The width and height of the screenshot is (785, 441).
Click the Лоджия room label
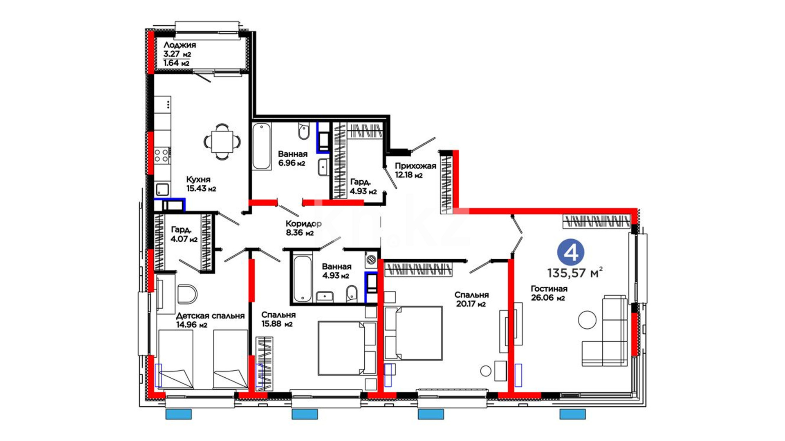179,45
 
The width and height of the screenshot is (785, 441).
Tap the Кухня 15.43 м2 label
201,184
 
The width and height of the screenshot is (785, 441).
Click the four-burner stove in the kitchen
161,156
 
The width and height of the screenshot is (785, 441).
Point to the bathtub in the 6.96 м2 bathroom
262,146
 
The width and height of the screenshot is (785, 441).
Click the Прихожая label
415,166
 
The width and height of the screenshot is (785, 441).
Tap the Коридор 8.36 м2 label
303,228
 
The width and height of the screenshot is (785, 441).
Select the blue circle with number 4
571,253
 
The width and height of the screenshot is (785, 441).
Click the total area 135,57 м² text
575,272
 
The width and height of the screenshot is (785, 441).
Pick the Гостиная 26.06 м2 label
549,293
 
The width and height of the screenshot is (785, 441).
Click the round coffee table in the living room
587,320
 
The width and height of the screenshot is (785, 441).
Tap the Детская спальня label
210,316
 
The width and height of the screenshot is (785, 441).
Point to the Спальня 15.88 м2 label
278,319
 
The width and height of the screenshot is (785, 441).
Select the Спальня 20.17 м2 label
471,299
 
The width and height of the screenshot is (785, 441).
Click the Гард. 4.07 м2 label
184,234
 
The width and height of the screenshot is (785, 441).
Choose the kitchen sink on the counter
162,189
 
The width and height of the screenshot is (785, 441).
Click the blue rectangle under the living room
572,414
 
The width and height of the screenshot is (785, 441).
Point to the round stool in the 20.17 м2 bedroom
486,371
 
